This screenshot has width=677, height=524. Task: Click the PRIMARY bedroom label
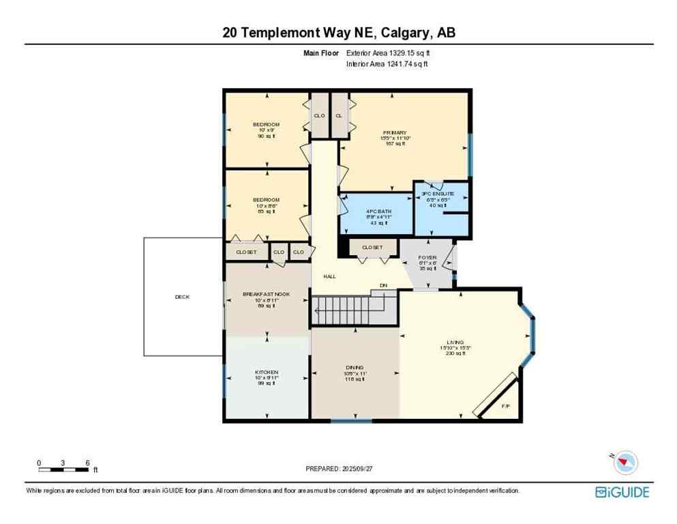pyautogui.click(x=394, y=132)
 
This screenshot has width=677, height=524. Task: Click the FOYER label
pyautogui.click(x=427, y=257)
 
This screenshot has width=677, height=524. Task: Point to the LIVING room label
pyautogui.click(x=455, y=342)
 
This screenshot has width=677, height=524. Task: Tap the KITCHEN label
pyautogui.click(x=266, y=372)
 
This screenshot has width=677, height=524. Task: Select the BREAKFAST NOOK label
pyautogui.click(x=266, y=294)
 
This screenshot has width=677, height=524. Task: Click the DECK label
pyautogui.click(x=182, y=297)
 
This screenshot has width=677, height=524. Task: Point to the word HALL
pyautogui.click(x=329, y=276)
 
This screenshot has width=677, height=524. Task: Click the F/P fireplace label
pyautogui.click(x=505, y=406)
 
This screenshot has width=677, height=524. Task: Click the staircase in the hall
pyautogui.click(x=353, y=310)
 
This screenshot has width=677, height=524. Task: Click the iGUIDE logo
pyautogui.click(x=622, y=492)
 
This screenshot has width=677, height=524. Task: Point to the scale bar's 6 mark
pyautogui.click(x=87, y=463)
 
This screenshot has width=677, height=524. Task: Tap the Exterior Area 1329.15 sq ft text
pyautogui.click(x=388, y=53)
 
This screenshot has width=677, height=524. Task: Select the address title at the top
pyautogui.click(x=339, y=32)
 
